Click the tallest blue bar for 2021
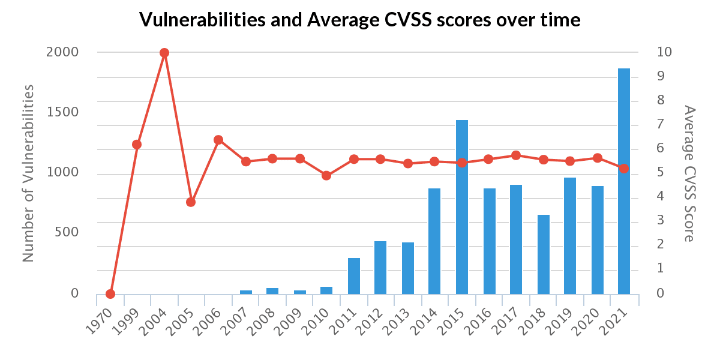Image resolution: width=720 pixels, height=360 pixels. pyautogui.click(x=624, y=180)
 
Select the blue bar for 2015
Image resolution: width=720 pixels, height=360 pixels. pyautogui.click(x=462, y=207)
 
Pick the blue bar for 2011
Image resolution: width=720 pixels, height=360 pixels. pyautogui.click(x=354, y=276)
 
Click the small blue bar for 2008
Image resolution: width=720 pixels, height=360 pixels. pyautogui.click(x=272, y=291)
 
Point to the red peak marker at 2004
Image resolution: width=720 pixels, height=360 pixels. pyautogui.click(x=164, y=53)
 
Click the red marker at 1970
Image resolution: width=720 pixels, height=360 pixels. pyautogui.click(x=110, y=294)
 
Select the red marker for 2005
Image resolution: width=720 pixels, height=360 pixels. pyautogui.click(x=191, y=202)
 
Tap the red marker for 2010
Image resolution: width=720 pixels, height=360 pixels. pyautogui.click(x=326, y=176)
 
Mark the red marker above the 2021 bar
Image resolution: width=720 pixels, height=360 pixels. pyautogui.click(x=624, y=169)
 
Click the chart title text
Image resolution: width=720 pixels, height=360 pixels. pyautogui.click(x=360, y=20)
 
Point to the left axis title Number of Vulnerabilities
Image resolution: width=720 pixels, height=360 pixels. pyautogui.click(x=28, y=173)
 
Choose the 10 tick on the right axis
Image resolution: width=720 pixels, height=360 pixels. pyautogui.click(x=664, y=52)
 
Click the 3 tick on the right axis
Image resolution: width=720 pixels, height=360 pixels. pyautogui.click(x=660, y=221)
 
